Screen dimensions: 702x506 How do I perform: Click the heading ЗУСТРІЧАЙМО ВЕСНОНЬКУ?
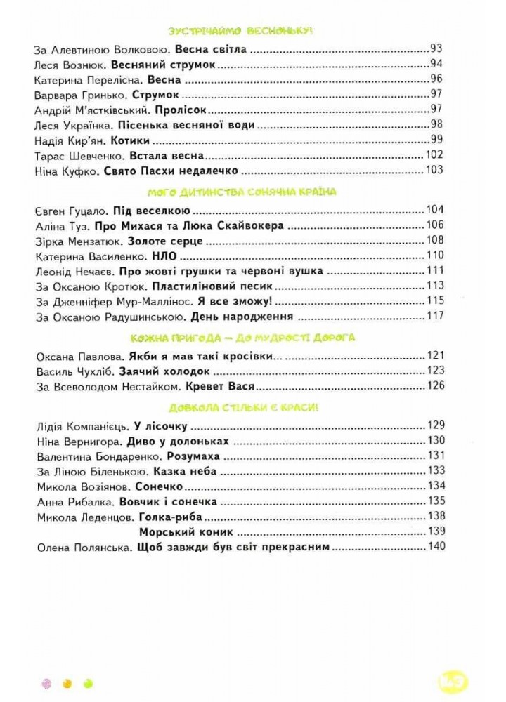[x=241, y=31]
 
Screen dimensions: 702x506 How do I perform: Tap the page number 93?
[x=436, y=50]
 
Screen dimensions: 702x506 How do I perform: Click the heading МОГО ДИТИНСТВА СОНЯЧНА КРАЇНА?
[x=242, y=192]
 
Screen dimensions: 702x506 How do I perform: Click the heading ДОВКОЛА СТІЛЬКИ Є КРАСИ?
[x=242, y=408]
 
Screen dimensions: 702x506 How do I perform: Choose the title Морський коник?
[x=186, y=532]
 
